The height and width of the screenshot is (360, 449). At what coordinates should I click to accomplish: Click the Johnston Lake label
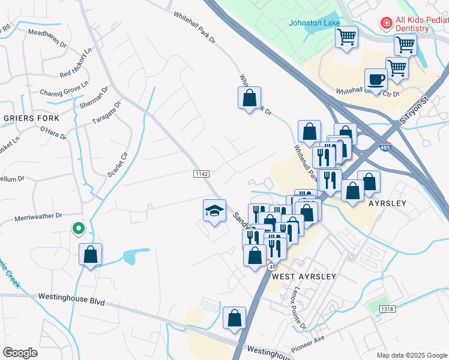(x=315, y=23)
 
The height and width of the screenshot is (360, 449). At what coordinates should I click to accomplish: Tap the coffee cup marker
(x=376, y=79)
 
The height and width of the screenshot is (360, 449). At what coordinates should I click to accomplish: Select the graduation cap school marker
(x=214, y=211)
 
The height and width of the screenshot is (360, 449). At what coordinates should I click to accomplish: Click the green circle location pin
(x=77, y=228)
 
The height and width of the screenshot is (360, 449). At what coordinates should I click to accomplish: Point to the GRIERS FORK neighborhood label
(x=32, y=118)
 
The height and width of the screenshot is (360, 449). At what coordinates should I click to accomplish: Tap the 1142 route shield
(x=202, y=173)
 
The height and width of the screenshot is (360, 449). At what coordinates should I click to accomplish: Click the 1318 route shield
(x=387, y=308)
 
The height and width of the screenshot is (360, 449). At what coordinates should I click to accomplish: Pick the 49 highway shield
(x=273, y=266)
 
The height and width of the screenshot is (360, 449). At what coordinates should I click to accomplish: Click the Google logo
(x=20, y=353)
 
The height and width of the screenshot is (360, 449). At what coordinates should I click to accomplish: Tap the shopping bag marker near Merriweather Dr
(x=90, y=254)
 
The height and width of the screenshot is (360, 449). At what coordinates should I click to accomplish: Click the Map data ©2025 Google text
(x=411, y=355)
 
